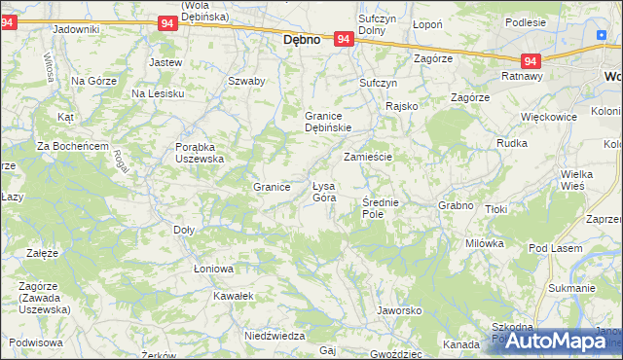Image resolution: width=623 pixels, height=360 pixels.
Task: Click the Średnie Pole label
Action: [381, 207]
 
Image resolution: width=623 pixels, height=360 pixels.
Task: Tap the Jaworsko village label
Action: [398, 311]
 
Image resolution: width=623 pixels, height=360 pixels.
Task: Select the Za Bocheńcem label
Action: [72, 146]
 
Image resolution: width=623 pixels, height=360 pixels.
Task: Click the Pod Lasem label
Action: [556, 248]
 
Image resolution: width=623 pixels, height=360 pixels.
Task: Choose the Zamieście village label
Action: [367, 157]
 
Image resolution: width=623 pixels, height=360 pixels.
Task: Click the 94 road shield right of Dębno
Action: [343, 39]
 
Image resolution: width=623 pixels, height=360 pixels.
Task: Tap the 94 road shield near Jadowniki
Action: [165, 22]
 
